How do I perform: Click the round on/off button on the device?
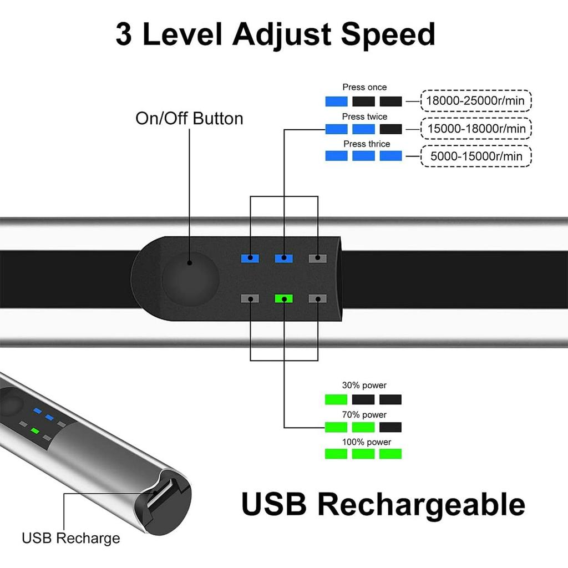pos(191,279)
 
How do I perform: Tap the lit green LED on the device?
pos(283,298)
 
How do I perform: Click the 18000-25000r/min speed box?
pos(475,101)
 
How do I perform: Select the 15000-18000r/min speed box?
pos(475,129)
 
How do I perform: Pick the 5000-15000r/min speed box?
pos(475,156)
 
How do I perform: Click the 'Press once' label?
pos(364,87)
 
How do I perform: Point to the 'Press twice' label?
pos(364,116)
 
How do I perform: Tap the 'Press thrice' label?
pos(367,144)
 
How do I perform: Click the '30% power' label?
pos(364,385)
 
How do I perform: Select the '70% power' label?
pos(364,414)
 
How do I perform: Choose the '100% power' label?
pos(367,442)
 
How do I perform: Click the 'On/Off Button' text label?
pos(189,119)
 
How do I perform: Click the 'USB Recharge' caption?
pos(71,538)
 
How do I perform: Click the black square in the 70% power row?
pos(390,427)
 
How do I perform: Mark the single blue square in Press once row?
pos(336,102)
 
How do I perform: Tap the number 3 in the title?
pos(124,34)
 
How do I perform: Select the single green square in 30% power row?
pos(336,399)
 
